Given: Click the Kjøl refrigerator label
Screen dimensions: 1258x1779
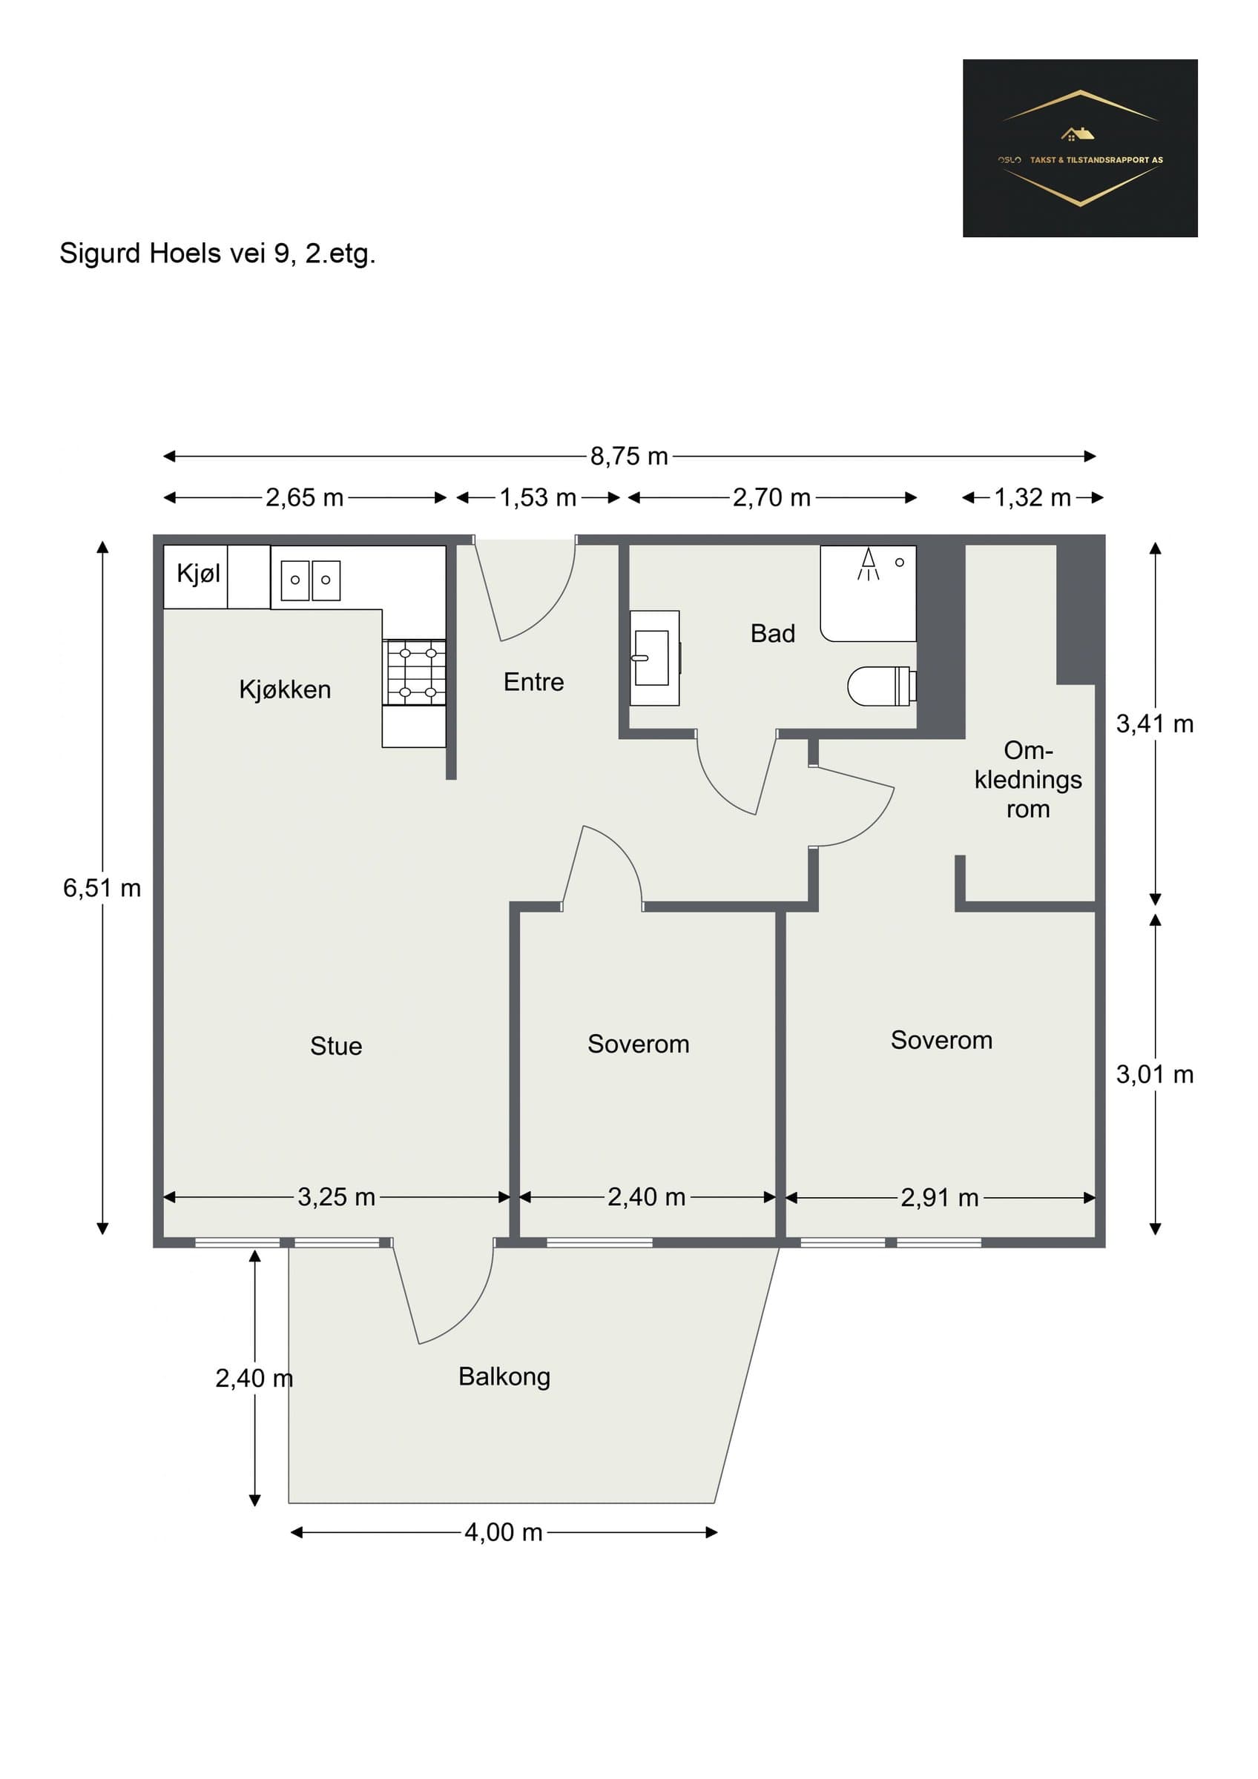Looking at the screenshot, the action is [199, 574].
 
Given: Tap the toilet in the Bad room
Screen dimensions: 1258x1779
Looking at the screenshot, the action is [882, 686].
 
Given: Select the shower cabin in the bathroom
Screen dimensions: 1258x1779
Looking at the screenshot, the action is [868, 594].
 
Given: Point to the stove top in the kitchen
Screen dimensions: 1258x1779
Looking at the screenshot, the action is [414, 672].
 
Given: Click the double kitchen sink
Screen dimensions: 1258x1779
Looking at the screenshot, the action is [310, 580].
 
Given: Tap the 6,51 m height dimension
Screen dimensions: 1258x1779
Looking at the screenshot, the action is [102, 888].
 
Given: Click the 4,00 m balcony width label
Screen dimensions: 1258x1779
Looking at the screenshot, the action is [503, 1532].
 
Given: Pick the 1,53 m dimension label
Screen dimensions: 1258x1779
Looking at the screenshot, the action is [538, 497].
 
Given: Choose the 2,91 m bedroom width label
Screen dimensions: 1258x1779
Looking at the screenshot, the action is [940, 1198].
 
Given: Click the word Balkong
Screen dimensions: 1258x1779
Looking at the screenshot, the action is [504, 1377].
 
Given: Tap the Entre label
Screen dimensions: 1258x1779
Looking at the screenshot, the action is [533, 682].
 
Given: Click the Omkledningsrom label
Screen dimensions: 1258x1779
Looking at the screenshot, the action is [1028, 780].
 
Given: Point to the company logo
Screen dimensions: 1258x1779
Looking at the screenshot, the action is [1080, 148].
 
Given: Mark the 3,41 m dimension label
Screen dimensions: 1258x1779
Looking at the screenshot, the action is [1155, 724].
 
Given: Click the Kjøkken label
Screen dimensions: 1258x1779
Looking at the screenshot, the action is [285, 689].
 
